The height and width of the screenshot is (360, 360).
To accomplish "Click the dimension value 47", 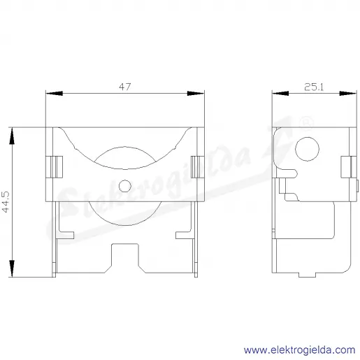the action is click(125, 87).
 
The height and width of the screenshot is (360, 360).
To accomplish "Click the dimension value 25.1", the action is click(314, 87).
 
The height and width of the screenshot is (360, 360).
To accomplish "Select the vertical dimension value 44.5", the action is click(6, 202).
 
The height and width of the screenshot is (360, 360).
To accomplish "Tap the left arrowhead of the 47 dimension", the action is click(55, 93).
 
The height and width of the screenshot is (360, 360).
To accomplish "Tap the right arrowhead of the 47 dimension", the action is click(196, 93).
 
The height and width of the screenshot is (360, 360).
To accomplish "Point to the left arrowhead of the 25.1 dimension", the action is click(280, 93).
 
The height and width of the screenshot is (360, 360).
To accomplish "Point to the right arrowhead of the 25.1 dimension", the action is click(348, 93).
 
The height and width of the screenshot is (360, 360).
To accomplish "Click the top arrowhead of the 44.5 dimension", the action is click(12, 136).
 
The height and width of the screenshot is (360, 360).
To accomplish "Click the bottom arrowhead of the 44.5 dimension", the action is click(12, 268).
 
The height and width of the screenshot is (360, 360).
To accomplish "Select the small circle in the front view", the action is click(125, 186).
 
